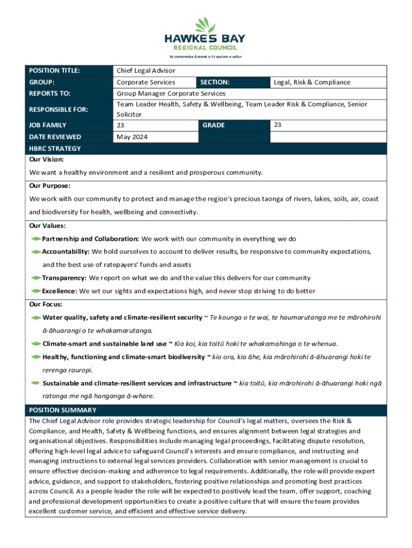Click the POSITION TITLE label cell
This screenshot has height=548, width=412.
(x=55, y=71)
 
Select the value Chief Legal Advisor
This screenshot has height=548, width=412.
(x=146, y=71)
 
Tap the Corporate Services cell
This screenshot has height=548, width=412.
(x=146, y=82)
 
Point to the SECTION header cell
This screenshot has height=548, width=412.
(x=215, y=82)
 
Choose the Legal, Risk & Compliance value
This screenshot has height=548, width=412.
(x=312, y=82)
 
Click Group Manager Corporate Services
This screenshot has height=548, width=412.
(x=171, y=94)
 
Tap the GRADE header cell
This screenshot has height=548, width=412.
(x=213, y=125)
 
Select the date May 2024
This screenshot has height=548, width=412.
(x=131, y=137)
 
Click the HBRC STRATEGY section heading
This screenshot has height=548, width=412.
(x=55, y=149)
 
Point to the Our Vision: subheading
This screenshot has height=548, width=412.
(x=47, y=159)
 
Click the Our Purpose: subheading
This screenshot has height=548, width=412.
(x=50, y=186)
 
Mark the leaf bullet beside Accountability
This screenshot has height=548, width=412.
(x=36, y=252)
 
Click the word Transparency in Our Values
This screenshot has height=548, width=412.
(x=64, y=278)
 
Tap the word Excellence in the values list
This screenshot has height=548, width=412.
(x=59, y=291)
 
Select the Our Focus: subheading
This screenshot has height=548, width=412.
(x=45, y=304)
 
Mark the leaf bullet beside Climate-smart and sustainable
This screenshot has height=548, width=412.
(x=36, y=344)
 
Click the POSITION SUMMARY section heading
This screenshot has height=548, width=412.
(x=63, y=410)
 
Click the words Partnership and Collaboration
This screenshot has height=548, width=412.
(x=90, y=239)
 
